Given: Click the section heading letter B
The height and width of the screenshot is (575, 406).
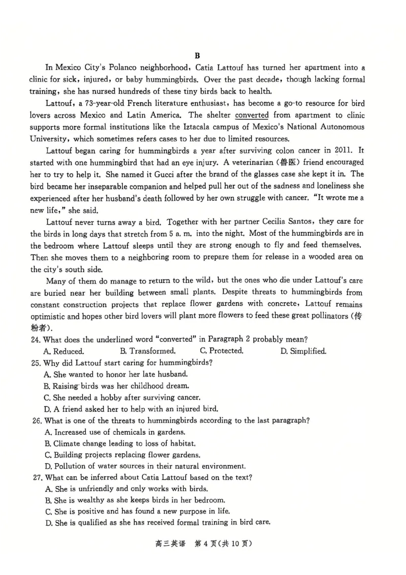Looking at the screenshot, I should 197,55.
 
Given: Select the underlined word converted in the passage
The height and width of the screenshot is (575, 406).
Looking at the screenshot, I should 252,115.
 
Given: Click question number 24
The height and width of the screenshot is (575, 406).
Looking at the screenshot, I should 36,339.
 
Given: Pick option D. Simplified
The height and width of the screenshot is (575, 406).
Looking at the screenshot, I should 303,351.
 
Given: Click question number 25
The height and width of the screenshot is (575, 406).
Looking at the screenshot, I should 36,363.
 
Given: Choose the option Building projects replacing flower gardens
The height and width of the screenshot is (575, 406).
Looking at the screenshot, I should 122,455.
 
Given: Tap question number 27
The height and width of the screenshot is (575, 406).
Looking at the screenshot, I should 36,477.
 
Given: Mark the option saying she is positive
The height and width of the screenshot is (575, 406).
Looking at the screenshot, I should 137,511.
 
